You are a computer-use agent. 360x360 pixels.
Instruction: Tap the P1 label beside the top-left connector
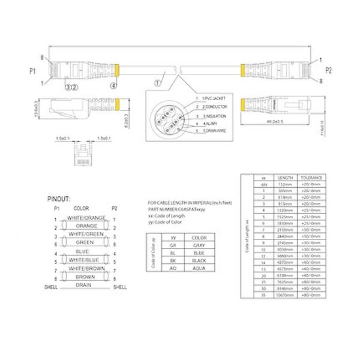point(33,71)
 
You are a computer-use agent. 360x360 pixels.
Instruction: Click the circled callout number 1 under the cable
point(158,83)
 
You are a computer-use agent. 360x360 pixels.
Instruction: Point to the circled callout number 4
point(113,85)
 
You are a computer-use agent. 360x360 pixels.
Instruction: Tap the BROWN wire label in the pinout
point(85,277)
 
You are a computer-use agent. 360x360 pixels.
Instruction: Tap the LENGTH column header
point(284,178)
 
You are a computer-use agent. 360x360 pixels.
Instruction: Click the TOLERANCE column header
point(312,178)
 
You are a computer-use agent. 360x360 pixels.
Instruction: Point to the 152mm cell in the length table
point(284,184)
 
